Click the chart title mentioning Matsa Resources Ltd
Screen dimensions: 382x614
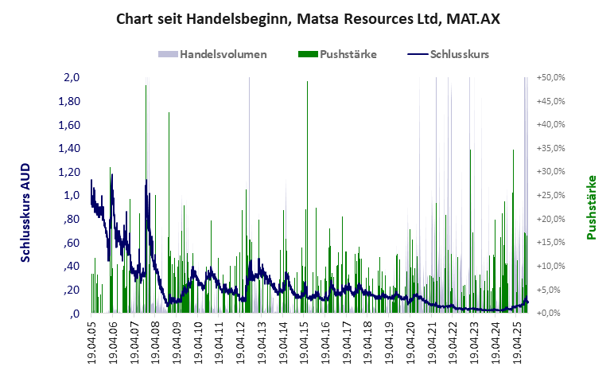click(x=307, y=18)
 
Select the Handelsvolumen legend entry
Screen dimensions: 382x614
click(x=212, y=54)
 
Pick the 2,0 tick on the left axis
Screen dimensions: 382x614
click(x=72, y=78)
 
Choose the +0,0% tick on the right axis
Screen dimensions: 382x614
click(x=551, y=314)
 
